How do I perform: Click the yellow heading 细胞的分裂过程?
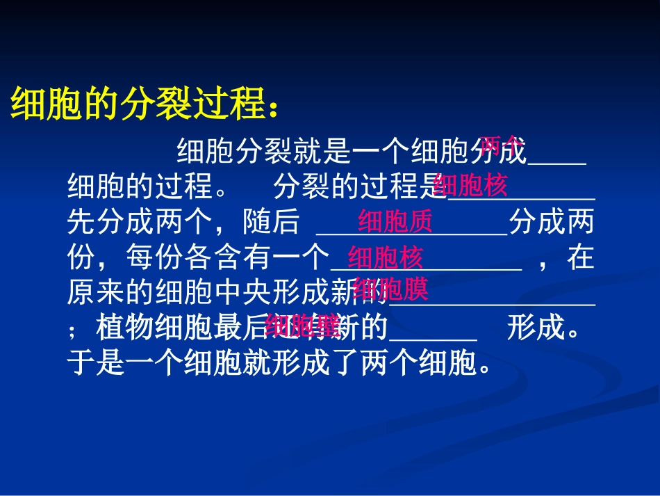[x=139, y=104]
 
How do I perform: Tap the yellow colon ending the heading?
[x=276, y=108]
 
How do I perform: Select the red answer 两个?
[x=500, y=144]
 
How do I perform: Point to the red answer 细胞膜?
[x=390, y=289]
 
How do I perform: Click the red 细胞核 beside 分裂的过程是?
[x=470, y=186]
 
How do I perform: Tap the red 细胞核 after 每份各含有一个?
[x=386, y=258]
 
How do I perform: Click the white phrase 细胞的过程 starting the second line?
[x=140, y=186]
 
